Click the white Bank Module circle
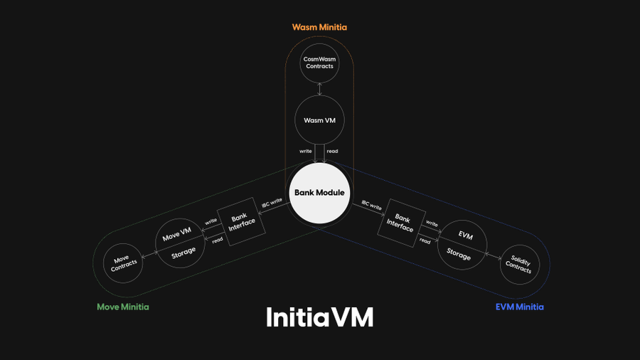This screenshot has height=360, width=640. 319,193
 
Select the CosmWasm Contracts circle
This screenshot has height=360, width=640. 319,63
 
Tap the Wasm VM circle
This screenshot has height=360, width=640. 319,120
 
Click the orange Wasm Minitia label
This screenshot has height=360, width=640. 319,27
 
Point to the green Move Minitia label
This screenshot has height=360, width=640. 123,307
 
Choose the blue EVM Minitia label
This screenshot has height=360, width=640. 519,307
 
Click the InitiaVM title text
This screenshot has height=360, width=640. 319,317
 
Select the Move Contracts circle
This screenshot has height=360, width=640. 123,264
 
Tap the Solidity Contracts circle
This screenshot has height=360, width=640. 519,265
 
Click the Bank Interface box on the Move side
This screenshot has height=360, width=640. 240,221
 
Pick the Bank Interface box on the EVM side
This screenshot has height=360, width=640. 401,223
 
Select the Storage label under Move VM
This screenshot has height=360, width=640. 183,253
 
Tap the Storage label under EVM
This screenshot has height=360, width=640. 459,254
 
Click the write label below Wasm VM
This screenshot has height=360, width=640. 306,152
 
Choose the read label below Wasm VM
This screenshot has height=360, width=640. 332,152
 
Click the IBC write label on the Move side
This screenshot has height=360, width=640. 272,203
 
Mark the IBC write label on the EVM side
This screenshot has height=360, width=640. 371,206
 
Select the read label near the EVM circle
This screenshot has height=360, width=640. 425,241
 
